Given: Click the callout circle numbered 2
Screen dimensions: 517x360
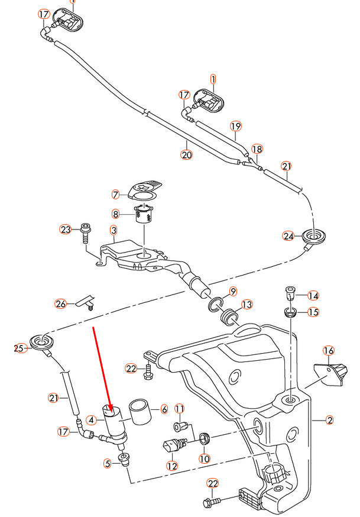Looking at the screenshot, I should point(330,421).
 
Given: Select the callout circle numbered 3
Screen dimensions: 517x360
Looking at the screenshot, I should point(113,230).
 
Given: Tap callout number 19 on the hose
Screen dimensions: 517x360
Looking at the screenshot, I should point(236,126).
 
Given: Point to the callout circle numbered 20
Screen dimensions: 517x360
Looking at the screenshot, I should point(187,155).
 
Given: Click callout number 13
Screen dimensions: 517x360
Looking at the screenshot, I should point(246,305).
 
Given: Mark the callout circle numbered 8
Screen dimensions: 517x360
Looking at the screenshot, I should point(116,214).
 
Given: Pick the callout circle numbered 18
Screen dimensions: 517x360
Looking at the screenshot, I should point(257,149).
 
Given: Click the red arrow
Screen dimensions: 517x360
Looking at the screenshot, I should point(101,367).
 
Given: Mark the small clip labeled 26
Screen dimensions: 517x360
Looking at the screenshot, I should point(84,302).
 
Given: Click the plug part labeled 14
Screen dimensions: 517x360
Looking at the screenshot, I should point(290,293).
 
